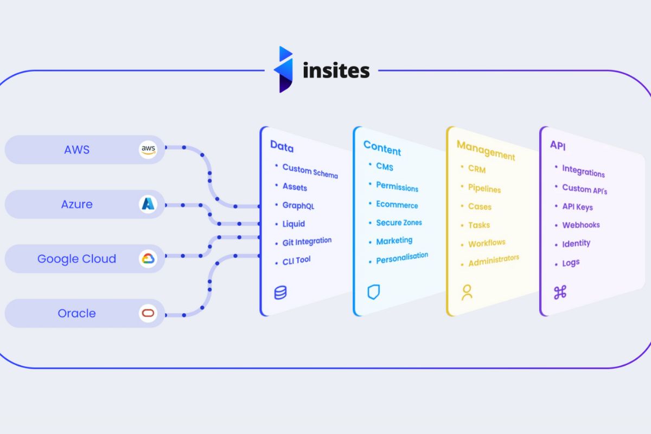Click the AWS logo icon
(148, 150)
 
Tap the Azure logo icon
(148, 204)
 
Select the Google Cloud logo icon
(148, 259)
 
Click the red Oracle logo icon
(148, 313)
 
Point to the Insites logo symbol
(284, 69)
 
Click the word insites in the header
(336, 71)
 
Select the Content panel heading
(382, 148)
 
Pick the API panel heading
(558, 145)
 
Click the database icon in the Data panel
(280, 293)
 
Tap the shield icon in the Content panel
(374, 292)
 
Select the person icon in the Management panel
(467, 292)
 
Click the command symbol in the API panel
(560, 293)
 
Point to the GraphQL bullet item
(298, 206)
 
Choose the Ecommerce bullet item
(397, 205)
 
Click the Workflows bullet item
(487, 243)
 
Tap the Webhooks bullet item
(580, 225)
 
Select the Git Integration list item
(307, 242)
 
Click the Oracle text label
(76, 314)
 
